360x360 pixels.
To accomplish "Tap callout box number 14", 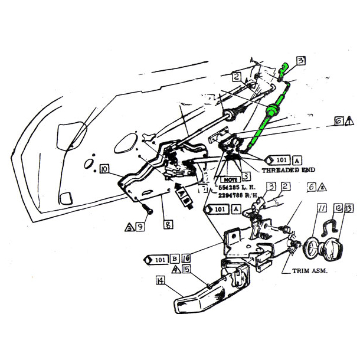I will pyautogui.click(x=160, y=282).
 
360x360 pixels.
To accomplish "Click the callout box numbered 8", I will pyautogui.click(x=151, y=224).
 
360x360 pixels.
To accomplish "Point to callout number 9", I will pyautogui.click(x=140, y=225).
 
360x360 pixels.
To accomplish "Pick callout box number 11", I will pyautogui.click(x=322, y=208).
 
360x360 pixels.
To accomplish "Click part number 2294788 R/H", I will pyautogui.click(x=236, y=195).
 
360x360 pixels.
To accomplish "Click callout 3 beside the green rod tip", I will pyautogui.click(x=300, y=60).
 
